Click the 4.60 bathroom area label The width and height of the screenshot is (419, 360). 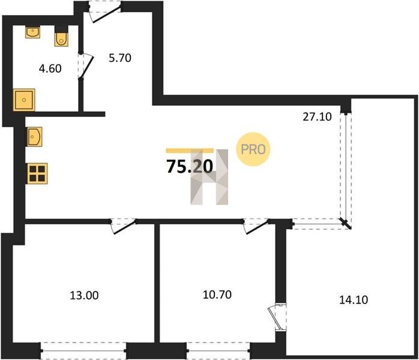pos(50,68)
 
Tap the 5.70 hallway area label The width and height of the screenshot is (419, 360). pos(120,58)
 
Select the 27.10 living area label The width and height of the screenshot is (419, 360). pos(317,117)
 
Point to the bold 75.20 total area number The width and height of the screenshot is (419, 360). pos(190,166)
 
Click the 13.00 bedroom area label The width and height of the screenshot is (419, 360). pos(84,295)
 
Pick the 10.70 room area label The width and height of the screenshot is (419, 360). pos(217,295)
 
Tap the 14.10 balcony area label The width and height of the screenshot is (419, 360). pos(354,299)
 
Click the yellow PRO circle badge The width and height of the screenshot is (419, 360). pos(253,149)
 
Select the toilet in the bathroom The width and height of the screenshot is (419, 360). pos(61,37)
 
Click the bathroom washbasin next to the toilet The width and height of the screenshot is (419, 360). pos(32,32)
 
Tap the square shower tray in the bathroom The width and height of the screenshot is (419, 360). pos(24,100)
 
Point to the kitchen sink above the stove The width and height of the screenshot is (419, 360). pos(34,137)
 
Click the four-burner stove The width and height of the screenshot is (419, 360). pos(37,173)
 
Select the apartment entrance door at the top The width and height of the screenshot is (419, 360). pos(105,12)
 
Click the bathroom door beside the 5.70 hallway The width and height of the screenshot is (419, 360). pos(85,66)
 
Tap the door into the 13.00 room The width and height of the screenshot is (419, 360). pos(123,226)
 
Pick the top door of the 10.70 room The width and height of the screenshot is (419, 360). pos(256,226)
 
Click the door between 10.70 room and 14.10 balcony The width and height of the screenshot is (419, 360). pos(277,318)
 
